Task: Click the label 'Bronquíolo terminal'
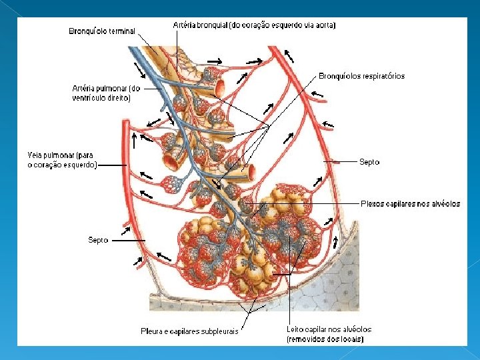(x=102, y=31)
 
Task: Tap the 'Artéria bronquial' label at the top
(x=254, y=25)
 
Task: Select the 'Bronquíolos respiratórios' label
(x=361, y=76)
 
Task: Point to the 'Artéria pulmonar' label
(x=106, y=93)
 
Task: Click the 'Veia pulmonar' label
(x=62, y=160)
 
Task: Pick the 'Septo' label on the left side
(x=98, y=239)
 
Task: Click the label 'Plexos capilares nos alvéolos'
(x=410, y=204)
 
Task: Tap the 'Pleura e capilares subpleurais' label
(x=189, y=331)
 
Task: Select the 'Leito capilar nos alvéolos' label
(x=329, y=329)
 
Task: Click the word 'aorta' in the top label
(x=324, y=25)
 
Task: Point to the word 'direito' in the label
(x=118, y=98)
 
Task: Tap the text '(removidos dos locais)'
(x=325, y=339)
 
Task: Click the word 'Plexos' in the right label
(x=373, y=204)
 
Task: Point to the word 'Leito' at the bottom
(x=295, y=329)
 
